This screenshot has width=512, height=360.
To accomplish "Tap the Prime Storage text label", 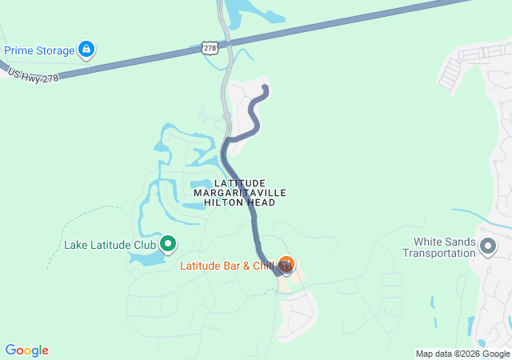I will (x=38, y=50).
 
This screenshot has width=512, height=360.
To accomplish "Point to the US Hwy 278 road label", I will (x=33, y=76).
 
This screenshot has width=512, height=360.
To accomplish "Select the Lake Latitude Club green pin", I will (x=168, y=243).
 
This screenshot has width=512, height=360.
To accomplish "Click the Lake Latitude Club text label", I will (x=110, y=244).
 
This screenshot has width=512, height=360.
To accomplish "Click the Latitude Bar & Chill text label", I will (x=226, y=265).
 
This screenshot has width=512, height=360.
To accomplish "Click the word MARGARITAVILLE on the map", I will (x=240, y=194).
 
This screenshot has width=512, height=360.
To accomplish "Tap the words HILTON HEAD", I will (x=240, y=203).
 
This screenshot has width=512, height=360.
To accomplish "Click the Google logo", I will (x=26, y=350).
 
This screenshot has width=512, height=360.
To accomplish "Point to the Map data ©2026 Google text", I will (x=462, y=354).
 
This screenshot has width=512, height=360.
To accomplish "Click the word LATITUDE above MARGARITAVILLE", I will (x=240, y=184).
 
